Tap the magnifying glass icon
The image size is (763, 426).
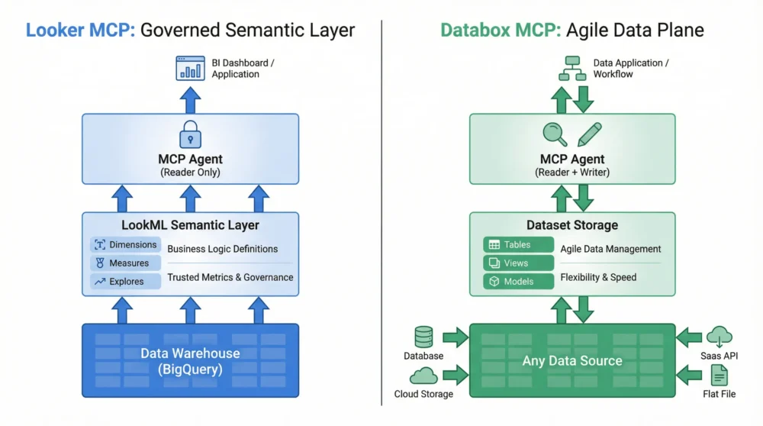[x=555, y=134]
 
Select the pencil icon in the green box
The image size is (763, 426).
[x=589, y=134]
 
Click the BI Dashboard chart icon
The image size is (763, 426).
[x=190, y=68]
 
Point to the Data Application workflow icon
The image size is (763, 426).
[x=572, y=68]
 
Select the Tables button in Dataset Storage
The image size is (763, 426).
[x=518, y=245]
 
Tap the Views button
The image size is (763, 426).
[x=518, y=263]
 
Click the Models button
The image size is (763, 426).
[x=518, y=282]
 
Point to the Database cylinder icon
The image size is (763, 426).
[x=423, y=337]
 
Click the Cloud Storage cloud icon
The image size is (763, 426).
[x=423, y=375]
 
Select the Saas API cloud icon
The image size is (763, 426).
[x=720, y=336]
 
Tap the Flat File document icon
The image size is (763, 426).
[x=720, y=375]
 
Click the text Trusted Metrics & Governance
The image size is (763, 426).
[x=230, y=277]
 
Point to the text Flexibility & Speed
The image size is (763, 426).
[x=598, y=277]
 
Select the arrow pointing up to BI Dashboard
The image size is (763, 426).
[x=190, y=99]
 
